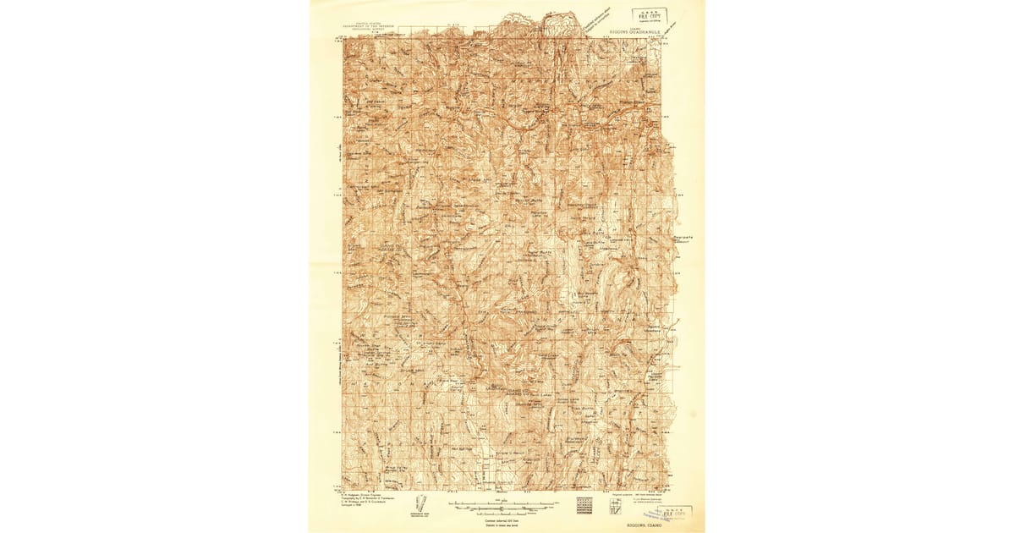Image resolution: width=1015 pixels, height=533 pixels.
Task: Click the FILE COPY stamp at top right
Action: (649, 15)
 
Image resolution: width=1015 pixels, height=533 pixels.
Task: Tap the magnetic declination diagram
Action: (420, 503)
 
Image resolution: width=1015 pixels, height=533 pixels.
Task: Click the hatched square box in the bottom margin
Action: (584, 504)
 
